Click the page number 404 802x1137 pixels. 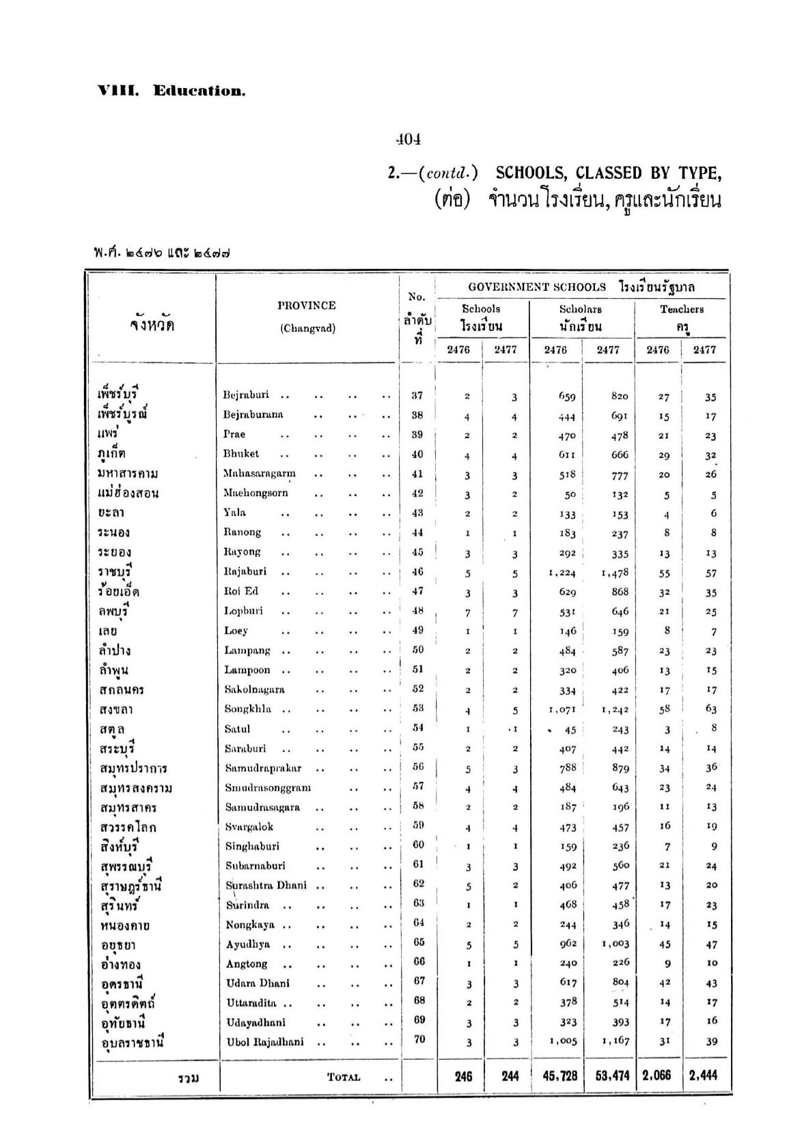point(409,139)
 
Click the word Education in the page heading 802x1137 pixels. point(199,91)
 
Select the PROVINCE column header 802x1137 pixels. point(307,306)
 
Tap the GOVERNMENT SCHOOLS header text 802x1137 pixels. point(537,287)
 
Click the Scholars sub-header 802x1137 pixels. point(580,309)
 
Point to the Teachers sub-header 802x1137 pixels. point(681,309)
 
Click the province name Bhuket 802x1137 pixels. point(241,454)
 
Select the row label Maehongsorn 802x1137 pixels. point(255,493)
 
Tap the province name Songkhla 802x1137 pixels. point(247,709)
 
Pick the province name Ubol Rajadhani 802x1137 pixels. point(265,1042)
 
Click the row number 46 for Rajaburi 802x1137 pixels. point(417,572)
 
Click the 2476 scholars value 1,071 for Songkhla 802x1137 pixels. point(562,710)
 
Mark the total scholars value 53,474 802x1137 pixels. point(611,1076)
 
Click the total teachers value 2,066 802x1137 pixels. point(657,1076)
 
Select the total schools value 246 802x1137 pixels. point(463,1076)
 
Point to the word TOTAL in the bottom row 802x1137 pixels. point(344,1078)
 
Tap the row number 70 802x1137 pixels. point(419,1039)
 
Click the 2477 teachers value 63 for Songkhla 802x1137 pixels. point(710,709)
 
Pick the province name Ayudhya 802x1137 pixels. point(248,945)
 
